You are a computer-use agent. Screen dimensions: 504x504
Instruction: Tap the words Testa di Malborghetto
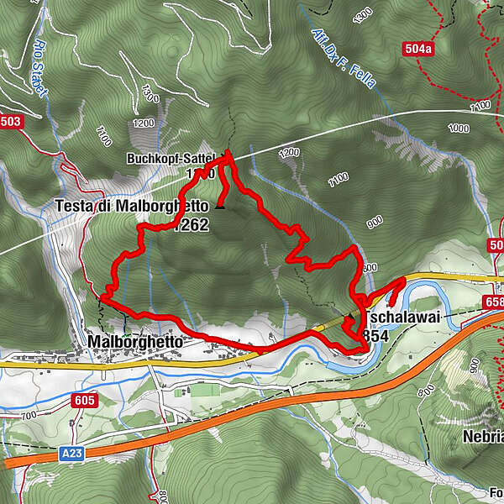point(132,206)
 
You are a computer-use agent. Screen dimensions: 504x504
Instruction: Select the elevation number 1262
point(192,224)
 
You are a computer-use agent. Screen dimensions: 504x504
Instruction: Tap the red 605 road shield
point(84,401)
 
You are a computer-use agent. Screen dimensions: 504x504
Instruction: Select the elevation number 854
point(376,335)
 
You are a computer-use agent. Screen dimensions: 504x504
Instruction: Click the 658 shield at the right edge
point(493,301)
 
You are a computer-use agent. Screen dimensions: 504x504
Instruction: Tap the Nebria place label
point(483,437)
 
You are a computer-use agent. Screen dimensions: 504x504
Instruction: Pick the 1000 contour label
point(459,129)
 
